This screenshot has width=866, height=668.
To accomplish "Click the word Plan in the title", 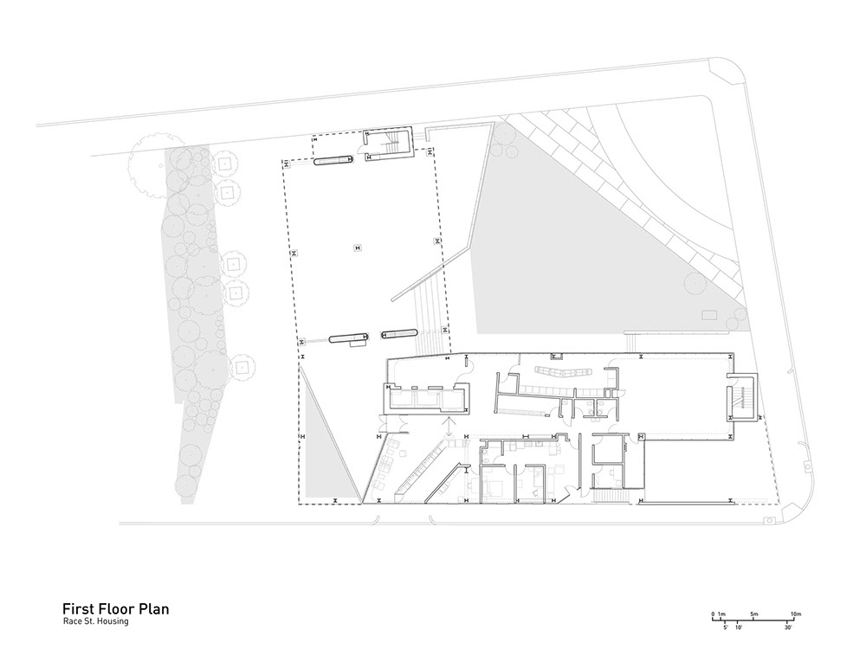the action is [x=153, y=609].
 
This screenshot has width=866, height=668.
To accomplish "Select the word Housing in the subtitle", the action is [x=113, y=621].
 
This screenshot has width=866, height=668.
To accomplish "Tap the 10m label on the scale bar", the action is [x=796, y=613].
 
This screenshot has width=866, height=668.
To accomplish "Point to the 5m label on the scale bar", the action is [x=754, y=613].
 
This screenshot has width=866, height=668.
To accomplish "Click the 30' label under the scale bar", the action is [x=789, y=627].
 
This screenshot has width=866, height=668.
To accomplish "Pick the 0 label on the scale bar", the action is [x=713, y=613].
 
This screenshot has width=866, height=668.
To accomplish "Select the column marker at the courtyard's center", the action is [x=358, y=247].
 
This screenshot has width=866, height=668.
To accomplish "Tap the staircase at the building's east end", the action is [x=742, y=397].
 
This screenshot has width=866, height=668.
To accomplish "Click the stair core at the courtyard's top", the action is [x=387, y=145].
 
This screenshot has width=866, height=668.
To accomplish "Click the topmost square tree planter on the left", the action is [x=225, y=164].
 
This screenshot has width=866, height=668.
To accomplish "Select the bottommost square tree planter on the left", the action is [x=242, y=366].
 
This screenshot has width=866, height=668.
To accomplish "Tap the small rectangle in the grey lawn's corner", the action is [x=708, y=315].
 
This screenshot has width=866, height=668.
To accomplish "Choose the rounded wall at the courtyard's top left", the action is [x=333, y=161].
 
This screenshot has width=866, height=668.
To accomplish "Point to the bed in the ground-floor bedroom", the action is [x=488, y=488].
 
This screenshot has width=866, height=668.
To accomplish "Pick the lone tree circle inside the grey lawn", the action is [x=695, y=284].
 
